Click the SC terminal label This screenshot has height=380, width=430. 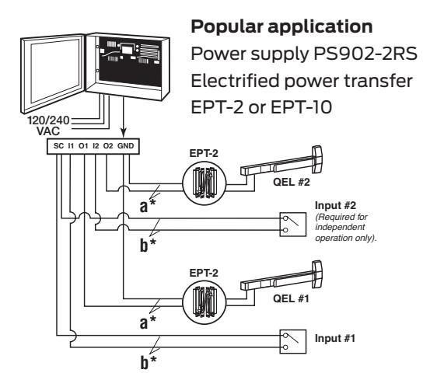click(x=58, y=146)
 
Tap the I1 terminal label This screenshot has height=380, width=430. click(x=71, y=146)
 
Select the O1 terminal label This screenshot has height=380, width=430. click(x=83, y=146)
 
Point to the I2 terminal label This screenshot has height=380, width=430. click(x=96, y=146)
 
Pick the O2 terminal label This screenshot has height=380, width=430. click(x=108, y=146)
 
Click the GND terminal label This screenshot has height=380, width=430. click(x=126, y=146)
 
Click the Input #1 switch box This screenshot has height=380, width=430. click(x=292, y=341)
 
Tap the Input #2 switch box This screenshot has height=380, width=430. click(x=292, y=225)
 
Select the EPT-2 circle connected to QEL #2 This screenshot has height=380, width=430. click(x=205, y=183)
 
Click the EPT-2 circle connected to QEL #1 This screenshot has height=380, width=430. click(x=205, y=302)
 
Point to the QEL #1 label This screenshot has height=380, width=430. click(x=291, y=298)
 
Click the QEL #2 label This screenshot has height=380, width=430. click(x=292, y=182)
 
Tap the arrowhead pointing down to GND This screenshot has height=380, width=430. click(x=124, y=134)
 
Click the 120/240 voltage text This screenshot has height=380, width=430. click(x=49, y=120)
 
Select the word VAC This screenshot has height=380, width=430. click(x=48, y=131)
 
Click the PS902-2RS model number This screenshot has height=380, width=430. click(x=365, y=54)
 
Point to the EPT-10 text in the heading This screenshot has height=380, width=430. click(x=301, y=107)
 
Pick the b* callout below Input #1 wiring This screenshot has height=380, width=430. click(x=148, y=362)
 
